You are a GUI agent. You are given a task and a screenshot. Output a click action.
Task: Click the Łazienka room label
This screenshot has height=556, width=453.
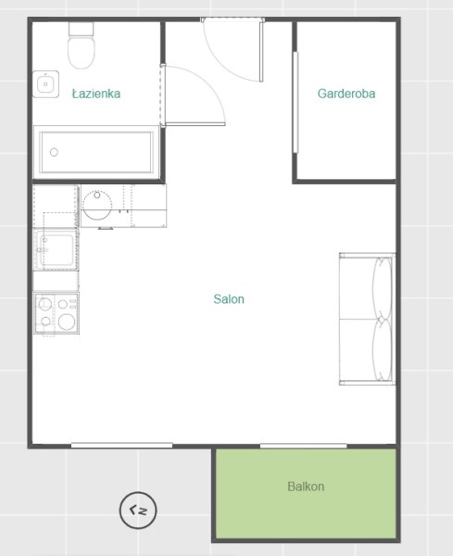coord(96,94)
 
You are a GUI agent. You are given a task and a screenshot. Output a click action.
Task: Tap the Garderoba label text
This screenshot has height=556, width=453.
coord(346,94)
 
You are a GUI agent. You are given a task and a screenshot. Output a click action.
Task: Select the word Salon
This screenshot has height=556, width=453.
coord(229,299)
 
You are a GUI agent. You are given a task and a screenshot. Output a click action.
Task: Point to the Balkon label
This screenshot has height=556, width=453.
coord(306,486)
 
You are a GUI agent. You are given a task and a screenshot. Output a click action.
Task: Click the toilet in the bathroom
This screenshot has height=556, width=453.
coord(82,45)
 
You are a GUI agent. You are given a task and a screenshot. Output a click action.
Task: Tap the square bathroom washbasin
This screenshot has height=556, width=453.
coord(45,84)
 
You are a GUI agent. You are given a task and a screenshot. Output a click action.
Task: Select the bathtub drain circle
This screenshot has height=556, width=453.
coord(54,152)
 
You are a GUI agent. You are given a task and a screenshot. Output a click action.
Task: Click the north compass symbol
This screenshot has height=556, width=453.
coord(138,510)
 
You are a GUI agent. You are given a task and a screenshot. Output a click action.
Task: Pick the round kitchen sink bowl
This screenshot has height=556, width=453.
coord(97,206)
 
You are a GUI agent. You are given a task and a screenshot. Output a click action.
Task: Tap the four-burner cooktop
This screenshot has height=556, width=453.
coord(57,313)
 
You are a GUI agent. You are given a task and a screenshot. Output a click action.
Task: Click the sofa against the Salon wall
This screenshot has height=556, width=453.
coord(367,319)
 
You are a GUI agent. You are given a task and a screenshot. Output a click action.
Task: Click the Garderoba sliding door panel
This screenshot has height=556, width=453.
coord(296,103)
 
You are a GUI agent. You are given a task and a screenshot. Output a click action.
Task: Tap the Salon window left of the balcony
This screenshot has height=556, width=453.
coord(121,446)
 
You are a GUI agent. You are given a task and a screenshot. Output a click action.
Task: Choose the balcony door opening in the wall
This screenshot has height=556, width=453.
coord(304,446)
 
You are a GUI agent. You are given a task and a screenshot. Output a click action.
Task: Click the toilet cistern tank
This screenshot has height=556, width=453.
coord(82,29)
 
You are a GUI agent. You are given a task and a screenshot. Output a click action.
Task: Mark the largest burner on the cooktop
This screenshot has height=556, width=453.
coord(67,322)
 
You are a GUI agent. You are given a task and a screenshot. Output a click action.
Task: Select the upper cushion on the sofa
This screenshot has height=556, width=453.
coord(383,288)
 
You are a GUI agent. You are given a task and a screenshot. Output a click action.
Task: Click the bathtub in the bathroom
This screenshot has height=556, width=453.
coord(96,152)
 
